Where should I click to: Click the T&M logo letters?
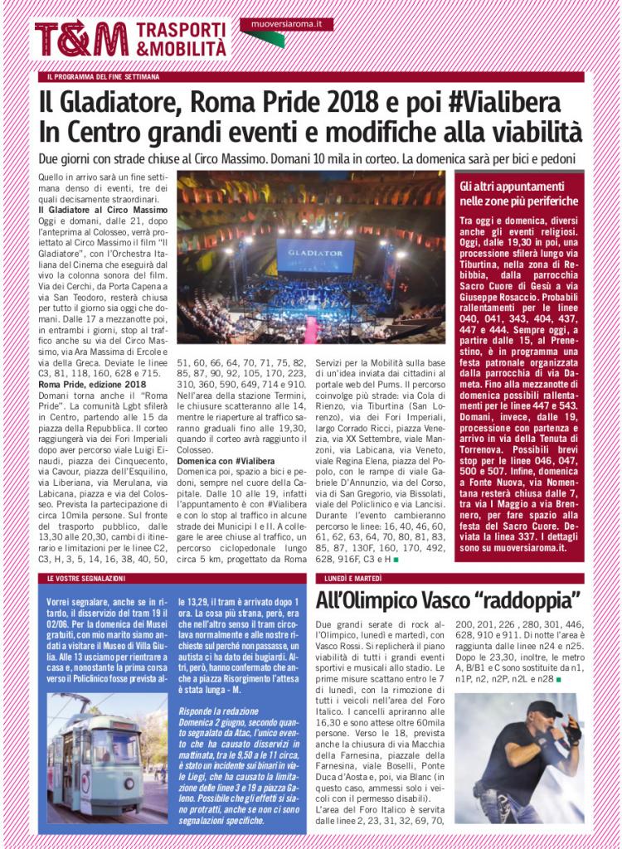pos(81,39)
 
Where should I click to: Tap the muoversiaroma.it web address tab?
pos(286,26)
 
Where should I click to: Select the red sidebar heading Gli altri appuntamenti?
pos(512,187)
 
